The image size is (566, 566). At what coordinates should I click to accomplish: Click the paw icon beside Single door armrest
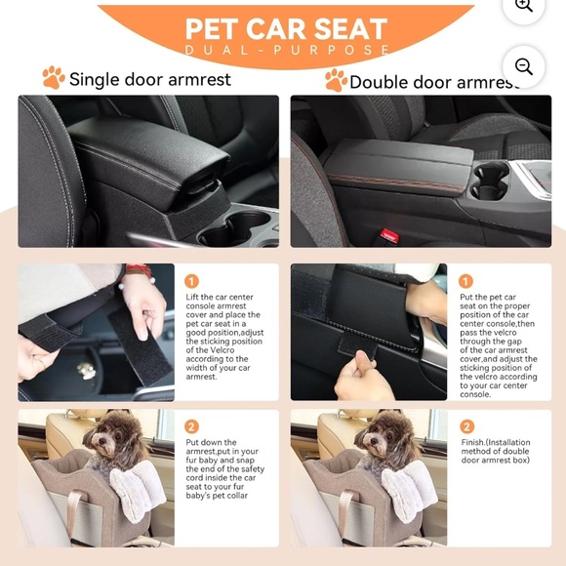53,78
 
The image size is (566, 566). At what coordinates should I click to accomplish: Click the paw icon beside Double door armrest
335,80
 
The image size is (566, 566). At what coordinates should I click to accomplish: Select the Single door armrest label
149,79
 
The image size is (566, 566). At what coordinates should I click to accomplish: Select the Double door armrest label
434,82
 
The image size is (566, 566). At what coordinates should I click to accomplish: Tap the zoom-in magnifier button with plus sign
523,6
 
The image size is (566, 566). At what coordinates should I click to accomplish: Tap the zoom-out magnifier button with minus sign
523,66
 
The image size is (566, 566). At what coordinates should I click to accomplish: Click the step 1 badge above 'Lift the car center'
192,281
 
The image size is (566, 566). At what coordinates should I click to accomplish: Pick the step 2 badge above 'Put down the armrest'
192,426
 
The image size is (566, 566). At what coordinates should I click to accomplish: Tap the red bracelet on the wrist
136,270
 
